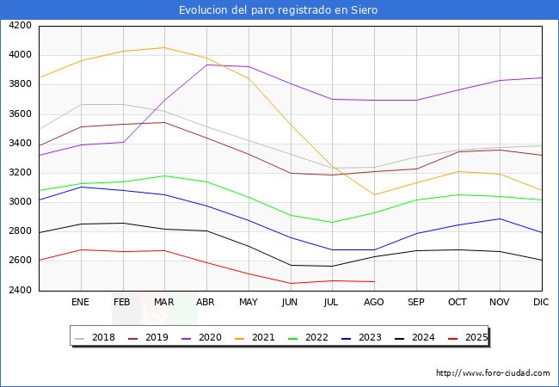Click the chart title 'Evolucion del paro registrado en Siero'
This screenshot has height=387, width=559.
coord(279,10)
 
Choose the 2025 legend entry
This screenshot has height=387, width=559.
coord(476,337)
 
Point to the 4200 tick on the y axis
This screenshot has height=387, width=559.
coord(20,26)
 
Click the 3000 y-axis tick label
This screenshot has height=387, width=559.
coord(20,202)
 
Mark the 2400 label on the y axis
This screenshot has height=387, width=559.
coord(20,291)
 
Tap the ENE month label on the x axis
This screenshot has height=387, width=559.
coord(80,303)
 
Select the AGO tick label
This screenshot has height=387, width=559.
coord(374,303)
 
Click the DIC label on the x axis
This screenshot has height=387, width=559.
coord(541,303)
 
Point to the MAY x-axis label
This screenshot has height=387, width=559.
coord(248,303)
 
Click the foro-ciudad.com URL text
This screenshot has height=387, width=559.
coord(493,373)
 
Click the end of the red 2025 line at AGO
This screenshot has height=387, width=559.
coord(374,281)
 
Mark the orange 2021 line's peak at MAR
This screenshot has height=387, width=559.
coord(164,47)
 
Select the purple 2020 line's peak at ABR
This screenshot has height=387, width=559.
coord(206,64)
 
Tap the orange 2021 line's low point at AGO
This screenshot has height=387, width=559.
coord(374,194)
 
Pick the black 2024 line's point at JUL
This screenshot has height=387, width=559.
coord(332,266)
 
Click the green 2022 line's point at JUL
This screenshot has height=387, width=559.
coord(332,223)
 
